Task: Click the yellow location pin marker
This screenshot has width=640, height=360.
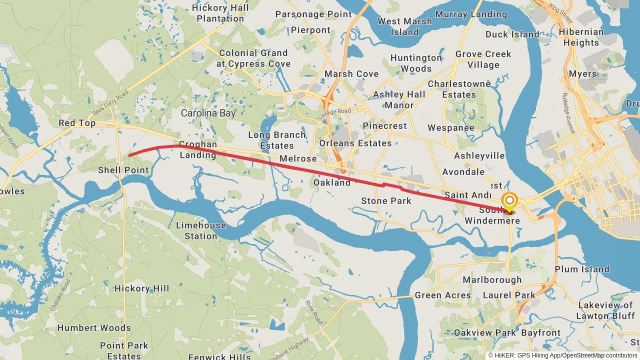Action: (509, 201)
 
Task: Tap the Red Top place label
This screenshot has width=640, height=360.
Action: (77, 123)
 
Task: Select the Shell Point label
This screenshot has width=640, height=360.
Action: (123, 170)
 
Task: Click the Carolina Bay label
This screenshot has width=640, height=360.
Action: (208, 113)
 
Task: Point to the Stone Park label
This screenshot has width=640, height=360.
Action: (386, 201)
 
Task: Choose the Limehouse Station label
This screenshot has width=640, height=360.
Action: (201, 231)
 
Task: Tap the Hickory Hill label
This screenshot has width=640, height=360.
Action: (142, 288)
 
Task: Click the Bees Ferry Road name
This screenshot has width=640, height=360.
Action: (110, 102)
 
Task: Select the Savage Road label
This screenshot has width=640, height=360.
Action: (334, 114)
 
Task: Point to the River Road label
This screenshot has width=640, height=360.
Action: (314, 312)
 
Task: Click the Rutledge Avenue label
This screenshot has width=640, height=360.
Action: (568, 113)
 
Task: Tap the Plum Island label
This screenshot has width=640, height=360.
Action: (582, 269)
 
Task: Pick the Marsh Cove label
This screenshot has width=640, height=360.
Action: (351, 74)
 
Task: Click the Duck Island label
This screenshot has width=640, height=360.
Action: (512, 35)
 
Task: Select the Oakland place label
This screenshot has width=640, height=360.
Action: (332, 183)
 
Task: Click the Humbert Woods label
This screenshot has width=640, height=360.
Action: (94, 328)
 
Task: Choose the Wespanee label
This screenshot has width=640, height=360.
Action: (451, 128)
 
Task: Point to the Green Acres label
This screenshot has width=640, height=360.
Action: (442, 295)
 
